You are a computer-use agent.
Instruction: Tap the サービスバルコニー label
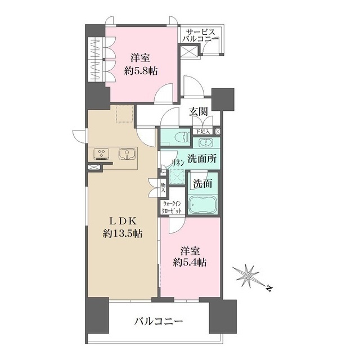[x=200, y=37]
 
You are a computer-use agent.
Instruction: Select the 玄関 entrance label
[x=197, y=112]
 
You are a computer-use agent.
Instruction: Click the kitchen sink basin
[x=126, y=153]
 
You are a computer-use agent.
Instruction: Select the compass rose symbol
[x=247, y=276]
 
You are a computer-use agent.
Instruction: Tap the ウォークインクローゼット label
[x=172, y=207]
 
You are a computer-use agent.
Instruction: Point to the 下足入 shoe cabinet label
[x=202, y=132]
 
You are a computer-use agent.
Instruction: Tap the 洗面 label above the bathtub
[x=203, y=183]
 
